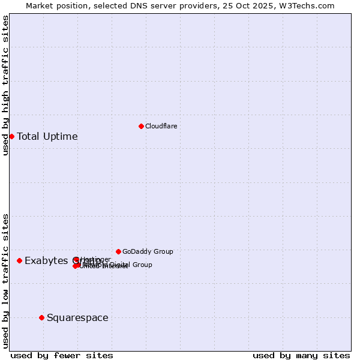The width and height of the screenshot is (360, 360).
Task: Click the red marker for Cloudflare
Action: click(141, 126)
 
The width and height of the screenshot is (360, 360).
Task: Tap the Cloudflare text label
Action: click(161, 126)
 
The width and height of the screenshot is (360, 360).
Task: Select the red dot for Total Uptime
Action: click(11, 136)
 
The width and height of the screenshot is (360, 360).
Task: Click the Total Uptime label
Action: click(47, 136)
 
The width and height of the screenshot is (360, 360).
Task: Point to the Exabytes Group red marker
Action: click(20, 260)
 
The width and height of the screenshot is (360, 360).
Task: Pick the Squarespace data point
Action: click(41, 317)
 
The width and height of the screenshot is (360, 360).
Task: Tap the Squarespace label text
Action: click(77, 317)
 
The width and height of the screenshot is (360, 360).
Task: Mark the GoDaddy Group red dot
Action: click(118, 251)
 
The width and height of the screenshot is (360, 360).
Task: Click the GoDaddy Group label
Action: click(148, 251)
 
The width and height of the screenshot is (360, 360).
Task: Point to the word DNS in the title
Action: click(137, 5)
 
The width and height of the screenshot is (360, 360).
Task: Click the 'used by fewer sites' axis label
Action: click(62, 355)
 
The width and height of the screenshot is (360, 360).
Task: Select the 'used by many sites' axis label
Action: click(301, 355)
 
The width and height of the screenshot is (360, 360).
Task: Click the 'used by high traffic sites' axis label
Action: click(5, 85)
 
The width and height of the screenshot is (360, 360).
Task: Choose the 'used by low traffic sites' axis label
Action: click(5, 280)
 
